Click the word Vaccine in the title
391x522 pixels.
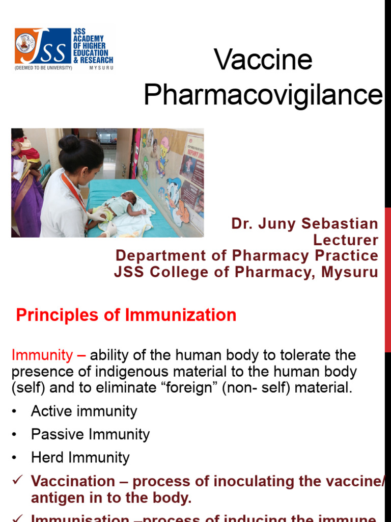tap(263, 60)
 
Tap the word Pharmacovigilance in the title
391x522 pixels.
tap(263, 94)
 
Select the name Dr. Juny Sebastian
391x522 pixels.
tap(304, 224)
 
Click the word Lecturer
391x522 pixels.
tap(345, 240)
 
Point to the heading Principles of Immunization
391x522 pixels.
tap(126, 315)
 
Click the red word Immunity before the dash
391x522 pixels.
tap(42, 355)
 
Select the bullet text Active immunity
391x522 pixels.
tap(84, 411)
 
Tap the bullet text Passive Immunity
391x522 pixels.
tap(90, 434)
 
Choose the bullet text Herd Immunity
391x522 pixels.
tap(80, 457)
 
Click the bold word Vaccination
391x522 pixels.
tap(73, 481)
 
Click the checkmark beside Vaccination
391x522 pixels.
tap(17, 481)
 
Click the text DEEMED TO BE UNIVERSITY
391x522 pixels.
tap(43, 67)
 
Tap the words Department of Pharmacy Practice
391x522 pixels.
tap(247, 256)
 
